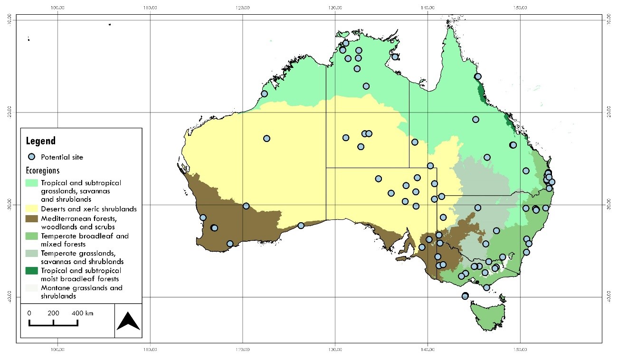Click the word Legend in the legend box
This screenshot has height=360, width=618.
pos(40,141)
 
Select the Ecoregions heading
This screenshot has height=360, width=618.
pos(43,171)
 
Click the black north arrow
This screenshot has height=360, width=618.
pos(128,321)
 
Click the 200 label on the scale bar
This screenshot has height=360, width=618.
pos(53,313)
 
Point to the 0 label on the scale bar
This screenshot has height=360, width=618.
pos(29,313)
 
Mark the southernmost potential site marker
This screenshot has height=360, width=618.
pos(465,296)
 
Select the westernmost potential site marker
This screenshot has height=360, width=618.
pos(203,218)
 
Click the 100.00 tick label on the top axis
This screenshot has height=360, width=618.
pos(57,8)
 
